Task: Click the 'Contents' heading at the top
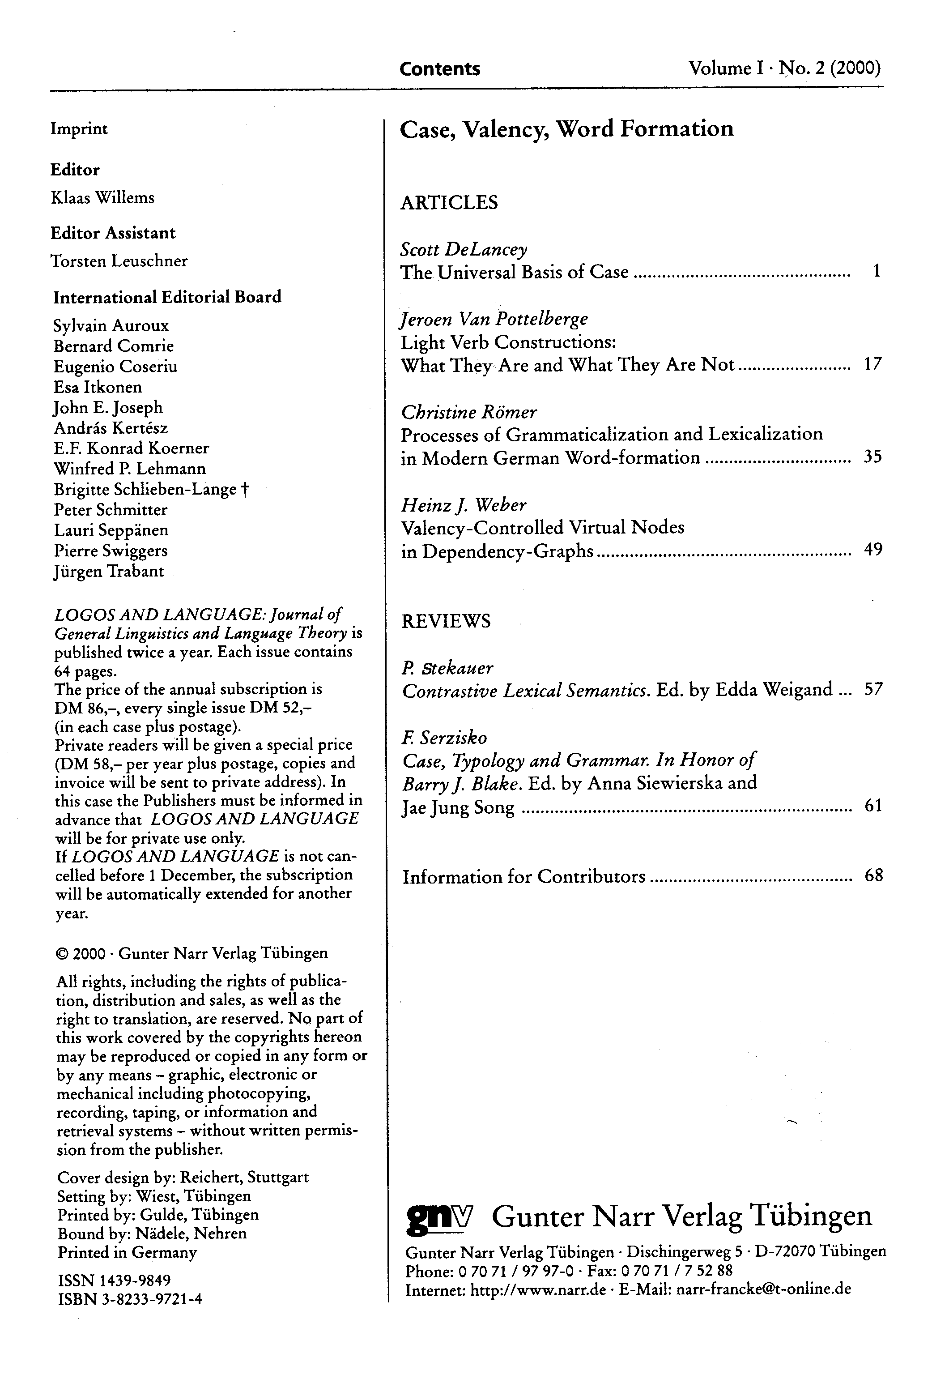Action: tap(439, 69)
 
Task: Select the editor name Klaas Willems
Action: tap(102, 197)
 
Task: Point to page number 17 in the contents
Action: tap(872, 364)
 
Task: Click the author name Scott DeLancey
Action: tap(464, 249)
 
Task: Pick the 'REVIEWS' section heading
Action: tap(446, 621)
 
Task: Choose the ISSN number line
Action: tap(114, 1280)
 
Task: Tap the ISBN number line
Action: tap(130, 1299)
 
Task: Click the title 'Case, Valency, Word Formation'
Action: tap(566, 129)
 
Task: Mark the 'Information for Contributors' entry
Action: tap(523, 876)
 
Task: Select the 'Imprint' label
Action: tap(79, 129)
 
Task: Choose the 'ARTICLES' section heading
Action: tap(449, 203)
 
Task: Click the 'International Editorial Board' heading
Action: tap(167, 297)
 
